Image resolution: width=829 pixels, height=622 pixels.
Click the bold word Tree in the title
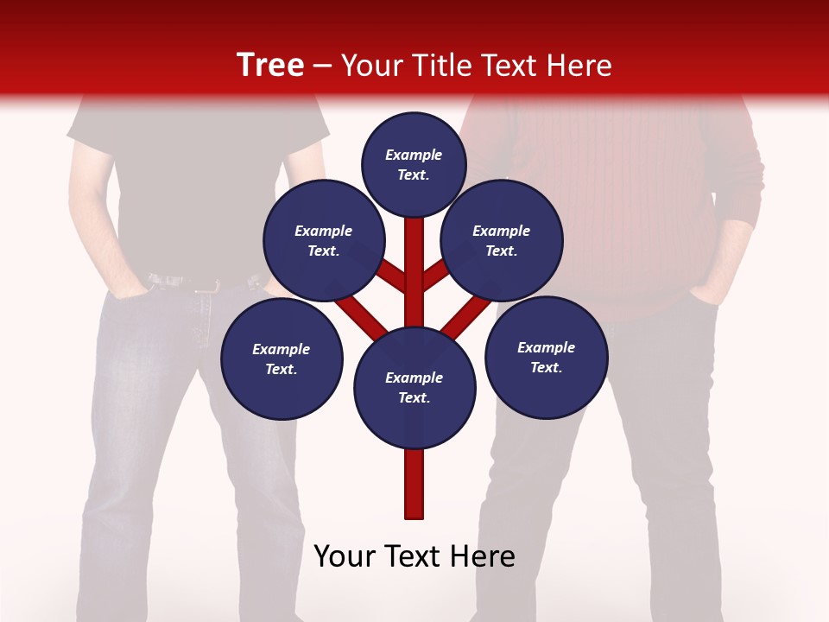(x=270, y=65)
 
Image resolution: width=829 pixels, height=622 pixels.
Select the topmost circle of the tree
(x=414, y=164)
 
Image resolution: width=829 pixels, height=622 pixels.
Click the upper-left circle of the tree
(x=324, y=240)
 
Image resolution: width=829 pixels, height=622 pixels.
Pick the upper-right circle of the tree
(x=502, y=240)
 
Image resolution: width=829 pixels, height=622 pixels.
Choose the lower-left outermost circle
(x=282, y=359)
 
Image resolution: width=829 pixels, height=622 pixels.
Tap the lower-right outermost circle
(x=546, y=357)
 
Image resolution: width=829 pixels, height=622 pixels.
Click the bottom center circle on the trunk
(x=414, y=387)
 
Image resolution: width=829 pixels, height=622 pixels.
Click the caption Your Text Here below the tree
(x=414, y=556)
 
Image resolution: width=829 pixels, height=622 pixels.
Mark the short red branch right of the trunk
(x=436, y=275)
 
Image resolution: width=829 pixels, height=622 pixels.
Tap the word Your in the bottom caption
(x=344, y=556)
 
